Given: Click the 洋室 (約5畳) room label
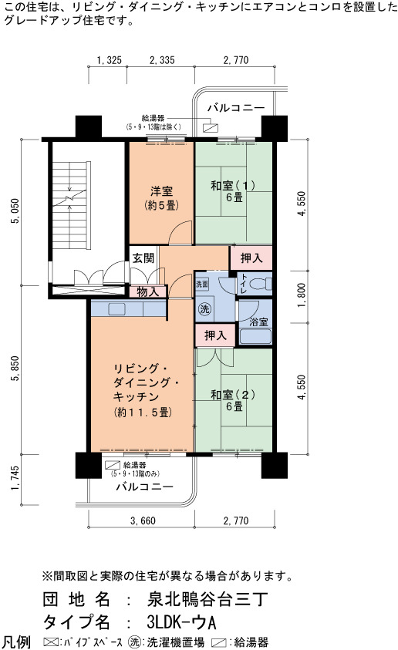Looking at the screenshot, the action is [161, 197].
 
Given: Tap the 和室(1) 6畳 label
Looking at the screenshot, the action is [233, 191].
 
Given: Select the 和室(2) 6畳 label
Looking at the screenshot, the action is [233, 400].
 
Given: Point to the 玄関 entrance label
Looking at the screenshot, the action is [143, 258].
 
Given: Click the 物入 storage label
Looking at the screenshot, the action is [147, 291].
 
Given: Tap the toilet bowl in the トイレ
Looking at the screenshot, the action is [261, 284].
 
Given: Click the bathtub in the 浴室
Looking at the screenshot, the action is [255, 337].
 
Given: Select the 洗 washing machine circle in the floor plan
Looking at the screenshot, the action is [204, 309].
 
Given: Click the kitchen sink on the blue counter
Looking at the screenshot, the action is [116, 309].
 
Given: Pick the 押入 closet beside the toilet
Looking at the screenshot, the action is [251, 258].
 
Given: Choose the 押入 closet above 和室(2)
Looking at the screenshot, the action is [215, 335].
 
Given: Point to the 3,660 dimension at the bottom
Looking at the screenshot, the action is [143, 520].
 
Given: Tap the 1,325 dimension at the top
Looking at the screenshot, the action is [110, 60].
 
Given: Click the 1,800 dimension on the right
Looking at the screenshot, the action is [302, 295].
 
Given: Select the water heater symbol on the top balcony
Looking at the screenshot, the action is [211, 127].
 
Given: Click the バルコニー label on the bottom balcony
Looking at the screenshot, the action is [144, 487].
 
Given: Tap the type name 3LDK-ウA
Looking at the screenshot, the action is [181, 622].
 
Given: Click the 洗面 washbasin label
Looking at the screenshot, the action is [202, 284].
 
